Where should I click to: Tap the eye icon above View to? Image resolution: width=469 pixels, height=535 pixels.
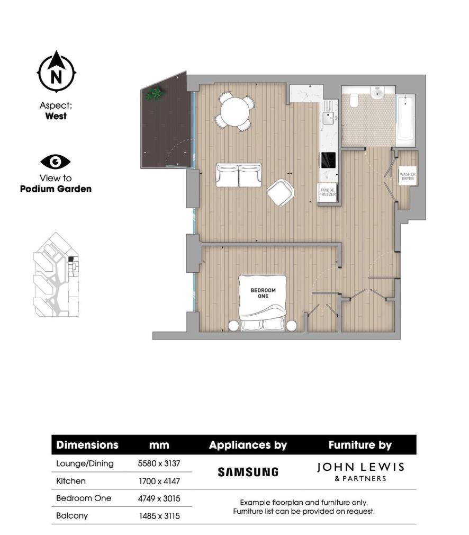pyautogui.click(x=56, y=162)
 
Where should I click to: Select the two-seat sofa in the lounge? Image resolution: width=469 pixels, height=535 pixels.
pyautogui.click(x=239, y=175)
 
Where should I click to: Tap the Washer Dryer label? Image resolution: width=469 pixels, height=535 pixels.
pyautogui.click(x=408, y=177)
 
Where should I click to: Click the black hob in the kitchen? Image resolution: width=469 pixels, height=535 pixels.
pyautogui.click(x=328, y=159)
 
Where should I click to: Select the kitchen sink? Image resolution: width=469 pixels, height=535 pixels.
pyautogui.click(x=329, y=117)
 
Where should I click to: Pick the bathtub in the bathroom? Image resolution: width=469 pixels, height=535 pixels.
pyautogui.click(x=405, y=118)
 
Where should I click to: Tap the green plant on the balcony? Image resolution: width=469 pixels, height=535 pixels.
pyautogui.click(x=155, y=94)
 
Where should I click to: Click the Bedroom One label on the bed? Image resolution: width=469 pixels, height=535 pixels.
pyautogui.click(x=263, y=293)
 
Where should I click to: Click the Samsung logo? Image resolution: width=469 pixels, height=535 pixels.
pyautogui.click(x=248, y=471)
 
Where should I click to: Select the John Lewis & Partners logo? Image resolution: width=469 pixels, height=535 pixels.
pyautogui.click(x=360, y=471)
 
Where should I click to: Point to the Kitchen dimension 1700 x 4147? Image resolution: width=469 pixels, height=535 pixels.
pyautogui.click(x=159, y=481)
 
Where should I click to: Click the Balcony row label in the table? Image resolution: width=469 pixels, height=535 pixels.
pyautogui.click(x=72, y=515)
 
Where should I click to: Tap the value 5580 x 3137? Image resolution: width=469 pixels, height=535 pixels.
pyautogui.click(x=159, y=463)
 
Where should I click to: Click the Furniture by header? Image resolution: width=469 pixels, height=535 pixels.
pyautogui.click(x=360, y=445)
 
